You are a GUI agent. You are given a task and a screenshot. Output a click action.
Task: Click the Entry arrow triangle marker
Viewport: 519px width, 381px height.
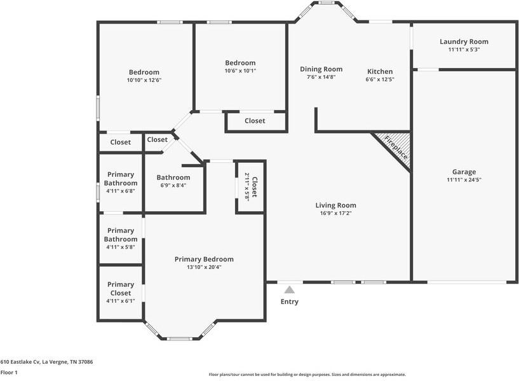coord(290,289)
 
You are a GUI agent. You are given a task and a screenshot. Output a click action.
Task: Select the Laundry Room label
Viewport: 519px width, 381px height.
coord(464,42)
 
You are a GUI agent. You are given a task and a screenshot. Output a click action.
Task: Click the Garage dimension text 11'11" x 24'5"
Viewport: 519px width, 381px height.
coord(464,180)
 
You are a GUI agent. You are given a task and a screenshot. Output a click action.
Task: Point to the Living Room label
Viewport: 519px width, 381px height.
coord(335,205)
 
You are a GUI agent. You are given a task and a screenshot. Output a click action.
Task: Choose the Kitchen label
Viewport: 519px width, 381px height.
coord(379,71)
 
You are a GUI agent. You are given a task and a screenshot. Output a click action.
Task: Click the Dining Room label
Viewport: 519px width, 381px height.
coord(321,69)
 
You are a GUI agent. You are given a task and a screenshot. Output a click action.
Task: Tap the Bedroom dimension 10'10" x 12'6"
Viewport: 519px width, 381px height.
coord(144,80)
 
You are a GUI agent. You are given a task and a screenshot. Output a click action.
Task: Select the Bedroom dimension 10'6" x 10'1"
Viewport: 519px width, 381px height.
coord(240,71)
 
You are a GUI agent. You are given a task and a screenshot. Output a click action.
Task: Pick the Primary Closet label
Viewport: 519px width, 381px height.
coord(121,289)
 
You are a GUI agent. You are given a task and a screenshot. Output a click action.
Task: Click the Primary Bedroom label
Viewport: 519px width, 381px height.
coord(204,260)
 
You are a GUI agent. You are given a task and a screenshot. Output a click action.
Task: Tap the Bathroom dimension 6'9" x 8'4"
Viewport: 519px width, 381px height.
coord(173,186)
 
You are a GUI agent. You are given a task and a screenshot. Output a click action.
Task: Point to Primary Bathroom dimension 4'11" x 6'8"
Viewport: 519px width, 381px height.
coord(121,191)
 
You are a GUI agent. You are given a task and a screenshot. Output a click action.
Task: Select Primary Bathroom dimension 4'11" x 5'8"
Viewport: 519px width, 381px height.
coord(121,247)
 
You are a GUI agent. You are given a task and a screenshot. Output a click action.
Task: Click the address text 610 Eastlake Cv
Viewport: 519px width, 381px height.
coord(46,362)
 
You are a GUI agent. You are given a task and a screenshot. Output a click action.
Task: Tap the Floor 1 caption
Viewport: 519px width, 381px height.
coord(9,373)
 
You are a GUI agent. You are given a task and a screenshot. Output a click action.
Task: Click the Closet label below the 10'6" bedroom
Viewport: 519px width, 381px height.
coord(255,121)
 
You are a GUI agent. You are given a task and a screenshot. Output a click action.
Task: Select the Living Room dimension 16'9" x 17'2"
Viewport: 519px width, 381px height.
coord(335,213)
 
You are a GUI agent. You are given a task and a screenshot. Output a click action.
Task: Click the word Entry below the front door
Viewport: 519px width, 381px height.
coord(290,301)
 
